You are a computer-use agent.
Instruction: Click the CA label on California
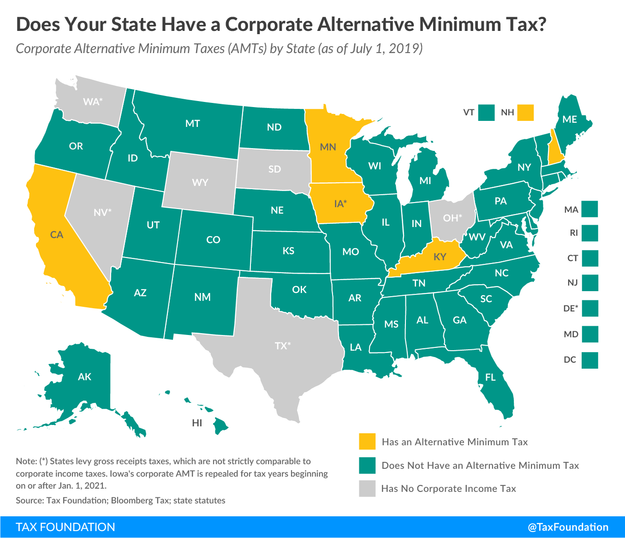click(x=57, y=235)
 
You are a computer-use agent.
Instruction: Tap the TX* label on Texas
click(x=282, y=346)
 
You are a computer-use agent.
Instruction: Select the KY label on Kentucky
click(x=440, y=257)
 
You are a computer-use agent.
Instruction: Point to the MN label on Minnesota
click(x=328, y=147)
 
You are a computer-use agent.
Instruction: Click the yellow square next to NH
click(x=525, y=112)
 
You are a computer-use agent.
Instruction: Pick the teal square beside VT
click(x=486, y=112)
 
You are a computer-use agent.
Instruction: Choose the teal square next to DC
click(x=589, y=360)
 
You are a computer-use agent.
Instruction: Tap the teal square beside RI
click(x=589, y=233)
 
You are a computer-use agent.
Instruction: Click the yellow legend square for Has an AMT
click(x=368, y=442)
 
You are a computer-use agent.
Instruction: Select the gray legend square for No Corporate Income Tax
click(x=368, y=489)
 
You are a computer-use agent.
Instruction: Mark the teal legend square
click(x=368, y=465)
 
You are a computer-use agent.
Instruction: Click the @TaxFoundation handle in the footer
click(x=568, y=527)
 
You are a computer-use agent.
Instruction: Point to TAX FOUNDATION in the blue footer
click(x=65, y=527)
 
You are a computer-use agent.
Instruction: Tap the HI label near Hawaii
click(x=197, y=423)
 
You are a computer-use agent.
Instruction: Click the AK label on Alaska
click(x=84, y=377)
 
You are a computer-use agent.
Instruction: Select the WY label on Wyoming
click(x=200, y=182)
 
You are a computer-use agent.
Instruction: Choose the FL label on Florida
click(x=490, y=377)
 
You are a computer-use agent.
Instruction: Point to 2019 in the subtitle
click(x=405, y=48)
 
